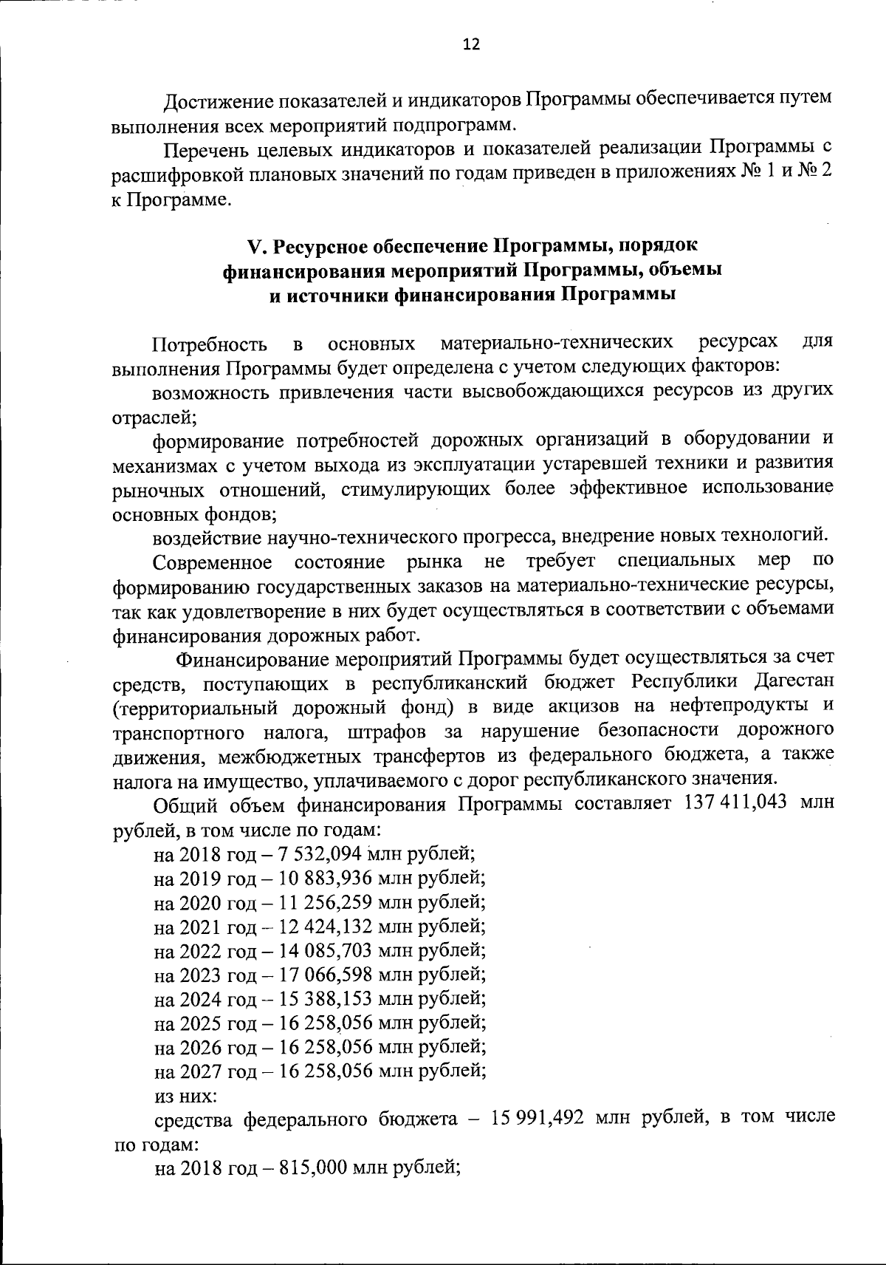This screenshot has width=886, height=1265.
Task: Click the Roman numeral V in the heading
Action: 255,245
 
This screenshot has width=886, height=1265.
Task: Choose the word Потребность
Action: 209,344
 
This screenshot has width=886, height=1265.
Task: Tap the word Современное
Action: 212,563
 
